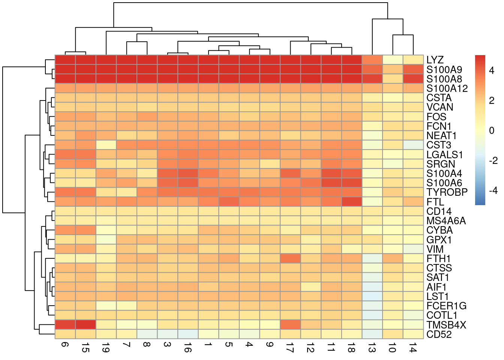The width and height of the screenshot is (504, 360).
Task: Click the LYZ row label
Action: click(x=435, y=60)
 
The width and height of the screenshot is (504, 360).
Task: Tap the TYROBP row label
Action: click(x=447, y=192)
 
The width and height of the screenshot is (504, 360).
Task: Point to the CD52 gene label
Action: click(x=439, y=334)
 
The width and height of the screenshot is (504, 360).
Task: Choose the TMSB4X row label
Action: click(x=446, y=325)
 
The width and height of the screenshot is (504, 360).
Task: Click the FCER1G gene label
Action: click(x=446, y=306)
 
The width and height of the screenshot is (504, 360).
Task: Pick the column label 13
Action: click(x=372, y=349)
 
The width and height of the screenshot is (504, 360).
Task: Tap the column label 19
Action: click(x=106, y=349)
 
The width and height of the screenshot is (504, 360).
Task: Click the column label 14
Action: click(x=412, y=349)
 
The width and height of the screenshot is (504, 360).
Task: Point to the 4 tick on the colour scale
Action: click(x=492, y=70)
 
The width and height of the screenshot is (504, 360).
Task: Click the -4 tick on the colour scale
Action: click(x=493, y=190)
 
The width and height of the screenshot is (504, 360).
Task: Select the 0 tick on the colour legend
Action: click(x=492, y=130)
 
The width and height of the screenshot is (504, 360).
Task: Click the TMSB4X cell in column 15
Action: click(x=85, y=324)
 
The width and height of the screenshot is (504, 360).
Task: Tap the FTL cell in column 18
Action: click(x=351, y=202)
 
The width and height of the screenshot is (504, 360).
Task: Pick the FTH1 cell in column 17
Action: click(x=290, y=258)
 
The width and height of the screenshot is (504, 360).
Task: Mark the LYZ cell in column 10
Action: click(x=392, y=60)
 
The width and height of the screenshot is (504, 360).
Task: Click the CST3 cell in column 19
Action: click(x=106, y=145)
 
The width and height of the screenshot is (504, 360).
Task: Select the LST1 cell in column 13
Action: click(x=372, y=296)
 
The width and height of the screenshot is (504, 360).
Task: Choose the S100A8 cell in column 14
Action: click(x=413, y=79)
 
